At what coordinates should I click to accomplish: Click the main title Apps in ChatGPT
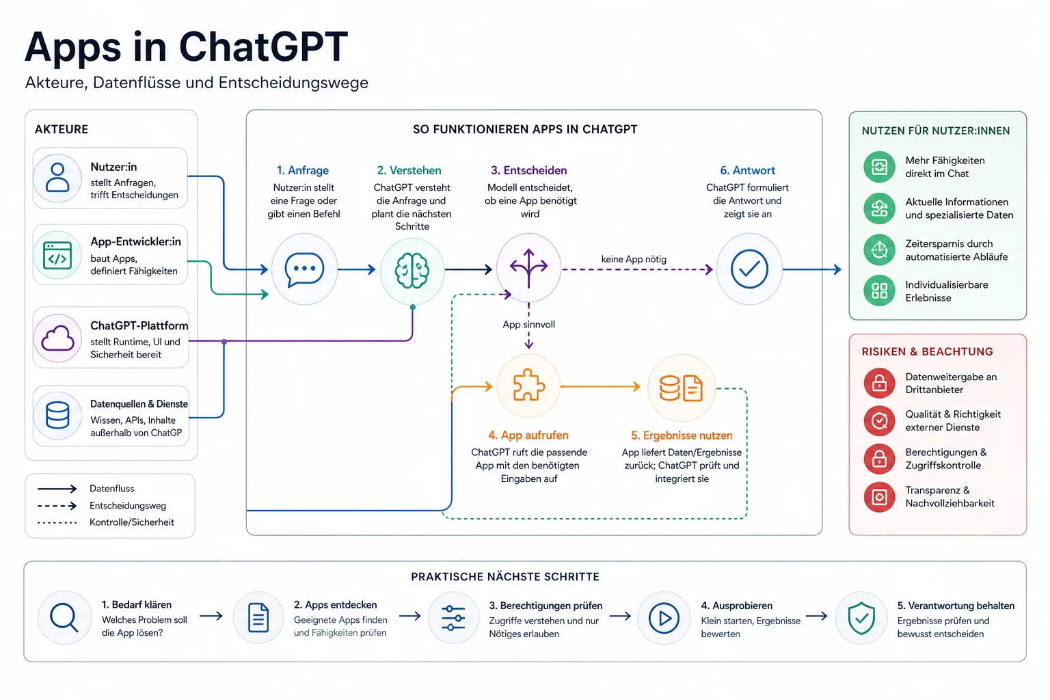pos(186,46)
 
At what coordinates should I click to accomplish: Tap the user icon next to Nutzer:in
pos(57,177)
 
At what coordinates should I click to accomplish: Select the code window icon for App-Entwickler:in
pos(57,256)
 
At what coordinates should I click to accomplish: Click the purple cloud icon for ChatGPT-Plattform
pos(57,338)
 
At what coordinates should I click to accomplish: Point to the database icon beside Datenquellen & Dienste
pos(57,416)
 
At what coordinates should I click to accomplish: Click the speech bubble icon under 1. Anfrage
pos(304,269)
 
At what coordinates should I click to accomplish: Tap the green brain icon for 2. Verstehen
pos(412,270)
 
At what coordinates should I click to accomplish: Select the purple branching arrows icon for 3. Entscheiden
pos(528,268)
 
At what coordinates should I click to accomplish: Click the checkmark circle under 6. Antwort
pos(749,269)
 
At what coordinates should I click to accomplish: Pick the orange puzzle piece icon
pos(528,386)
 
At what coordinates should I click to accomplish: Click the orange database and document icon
pos(681,388)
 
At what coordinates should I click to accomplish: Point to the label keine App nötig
pos(634,259)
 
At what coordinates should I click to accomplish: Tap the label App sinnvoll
pos(528,325)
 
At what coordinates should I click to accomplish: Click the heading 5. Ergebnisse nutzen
pos(682,435)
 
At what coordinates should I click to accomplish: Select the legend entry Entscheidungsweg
pos(128,505)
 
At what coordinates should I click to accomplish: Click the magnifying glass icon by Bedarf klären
pos(64,617)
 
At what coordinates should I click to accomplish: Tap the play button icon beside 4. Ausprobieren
pos(664,618)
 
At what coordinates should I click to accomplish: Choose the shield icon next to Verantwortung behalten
pos(861,618)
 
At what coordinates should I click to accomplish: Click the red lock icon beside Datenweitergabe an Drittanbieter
pos(879,383)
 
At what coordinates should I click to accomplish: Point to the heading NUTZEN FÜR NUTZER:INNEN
pos(936,131)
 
